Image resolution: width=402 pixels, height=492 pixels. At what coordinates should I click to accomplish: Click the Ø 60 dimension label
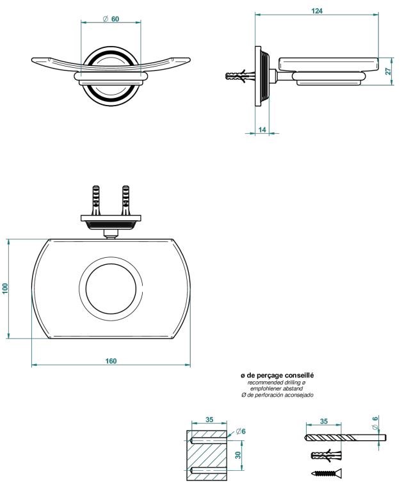111,19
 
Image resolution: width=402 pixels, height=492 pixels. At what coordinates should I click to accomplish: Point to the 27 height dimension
388,72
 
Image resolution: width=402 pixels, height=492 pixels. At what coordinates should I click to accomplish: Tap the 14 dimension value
262,130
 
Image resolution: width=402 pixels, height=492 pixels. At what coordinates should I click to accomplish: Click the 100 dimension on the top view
6,289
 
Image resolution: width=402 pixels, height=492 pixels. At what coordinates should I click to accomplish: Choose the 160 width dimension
111,361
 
